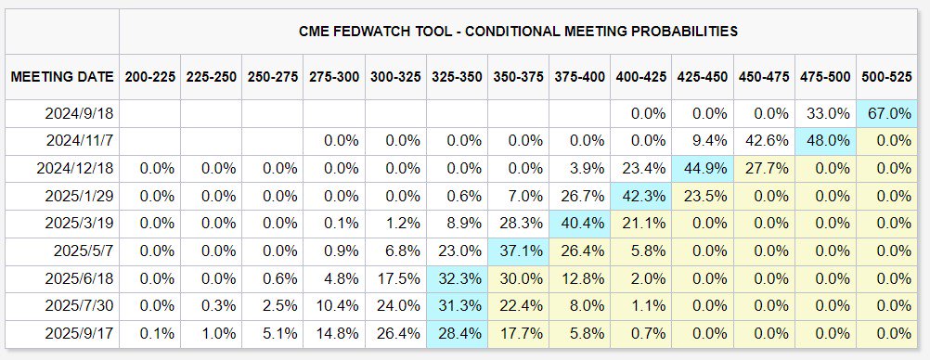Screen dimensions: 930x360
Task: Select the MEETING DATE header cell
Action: [62, 77]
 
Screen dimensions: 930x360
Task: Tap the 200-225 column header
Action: [149, 77]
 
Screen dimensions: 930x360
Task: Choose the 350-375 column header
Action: [518, 77]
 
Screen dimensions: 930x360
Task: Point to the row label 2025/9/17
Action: [80, 334]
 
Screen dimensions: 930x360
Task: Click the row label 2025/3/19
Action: [80, 224]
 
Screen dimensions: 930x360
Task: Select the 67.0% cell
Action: [886, 113]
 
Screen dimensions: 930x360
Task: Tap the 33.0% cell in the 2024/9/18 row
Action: [825, 113]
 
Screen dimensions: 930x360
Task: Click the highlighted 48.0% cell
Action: [825, 141]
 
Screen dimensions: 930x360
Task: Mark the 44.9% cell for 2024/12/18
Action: [703, 169]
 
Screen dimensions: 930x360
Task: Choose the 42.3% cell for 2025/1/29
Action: [641, 197]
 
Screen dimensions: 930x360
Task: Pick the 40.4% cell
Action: [579, 224]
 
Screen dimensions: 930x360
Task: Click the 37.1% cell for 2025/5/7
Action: [519, 251]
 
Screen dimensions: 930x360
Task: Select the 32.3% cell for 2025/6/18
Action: [457, 278]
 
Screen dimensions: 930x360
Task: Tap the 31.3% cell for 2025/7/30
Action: [457, 306]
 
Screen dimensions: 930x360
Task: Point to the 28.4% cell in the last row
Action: [457, 334]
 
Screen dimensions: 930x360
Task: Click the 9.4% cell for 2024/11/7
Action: [703, 141]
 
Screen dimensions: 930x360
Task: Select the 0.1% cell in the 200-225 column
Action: [149, 334]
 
